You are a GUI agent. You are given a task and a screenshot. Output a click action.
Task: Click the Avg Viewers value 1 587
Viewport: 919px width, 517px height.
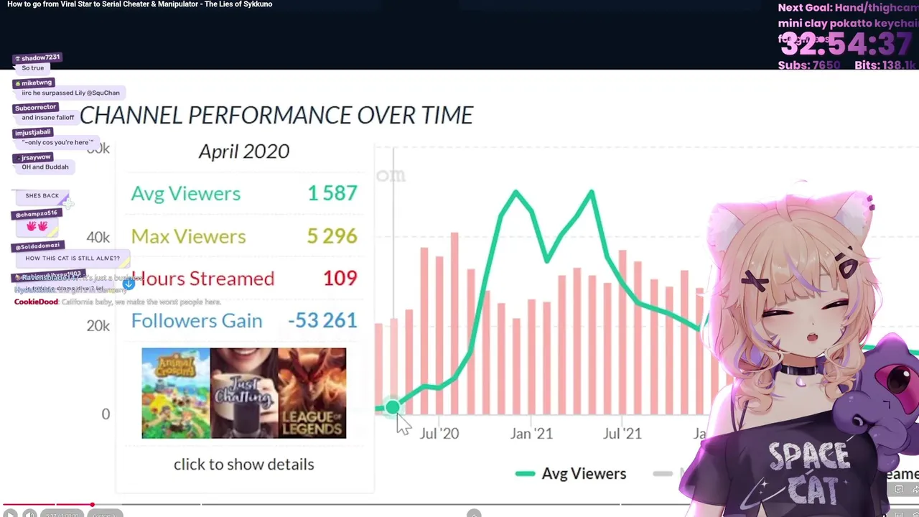(332, 193)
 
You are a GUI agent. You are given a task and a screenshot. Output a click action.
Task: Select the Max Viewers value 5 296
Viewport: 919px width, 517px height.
(332, 236)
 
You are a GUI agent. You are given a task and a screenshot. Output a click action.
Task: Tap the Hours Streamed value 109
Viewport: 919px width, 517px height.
(340, 278)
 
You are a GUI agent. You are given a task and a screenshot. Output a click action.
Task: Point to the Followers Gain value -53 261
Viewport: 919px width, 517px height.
(322, 320)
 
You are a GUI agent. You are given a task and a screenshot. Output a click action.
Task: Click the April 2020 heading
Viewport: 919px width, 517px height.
(243, 152)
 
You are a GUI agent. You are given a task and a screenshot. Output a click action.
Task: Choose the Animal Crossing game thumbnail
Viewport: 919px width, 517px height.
(176, 393)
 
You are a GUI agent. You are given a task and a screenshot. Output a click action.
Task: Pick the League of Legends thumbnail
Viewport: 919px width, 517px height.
(312, 393)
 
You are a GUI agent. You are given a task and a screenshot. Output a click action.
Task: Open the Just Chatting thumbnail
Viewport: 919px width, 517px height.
(244, 393)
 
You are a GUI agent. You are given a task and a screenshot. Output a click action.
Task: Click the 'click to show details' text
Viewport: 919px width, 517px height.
(243, 464)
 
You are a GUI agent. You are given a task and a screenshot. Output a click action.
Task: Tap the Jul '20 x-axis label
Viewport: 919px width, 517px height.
(439, 433)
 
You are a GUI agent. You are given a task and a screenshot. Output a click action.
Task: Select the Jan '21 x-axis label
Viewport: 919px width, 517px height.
(531, 433)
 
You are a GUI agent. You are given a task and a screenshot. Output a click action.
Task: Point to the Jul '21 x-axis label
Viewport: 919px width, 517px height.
(622, 433)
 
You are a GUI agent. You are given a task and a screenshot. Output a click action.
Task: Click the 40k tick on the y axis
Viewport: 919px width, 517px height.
(98, 237)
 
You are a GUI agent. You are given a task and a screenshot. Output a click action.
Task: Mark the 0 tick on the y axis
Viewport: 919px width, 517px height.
(106, 414)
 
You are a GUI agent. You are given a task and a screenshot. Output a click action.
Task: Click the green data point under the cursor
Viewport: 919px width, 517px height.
(392, 408)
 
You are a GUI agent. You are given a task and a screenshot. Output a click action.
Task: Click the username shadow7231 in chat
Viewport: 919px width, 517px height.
(40, 57)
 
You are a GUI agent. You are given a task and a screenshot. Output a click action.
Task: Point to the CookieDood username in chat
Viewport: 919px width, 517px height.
(36, 302)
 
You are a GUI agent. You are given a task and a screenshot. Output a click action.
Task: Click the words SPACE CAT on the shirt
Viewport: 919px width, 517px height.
(808, 470)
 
